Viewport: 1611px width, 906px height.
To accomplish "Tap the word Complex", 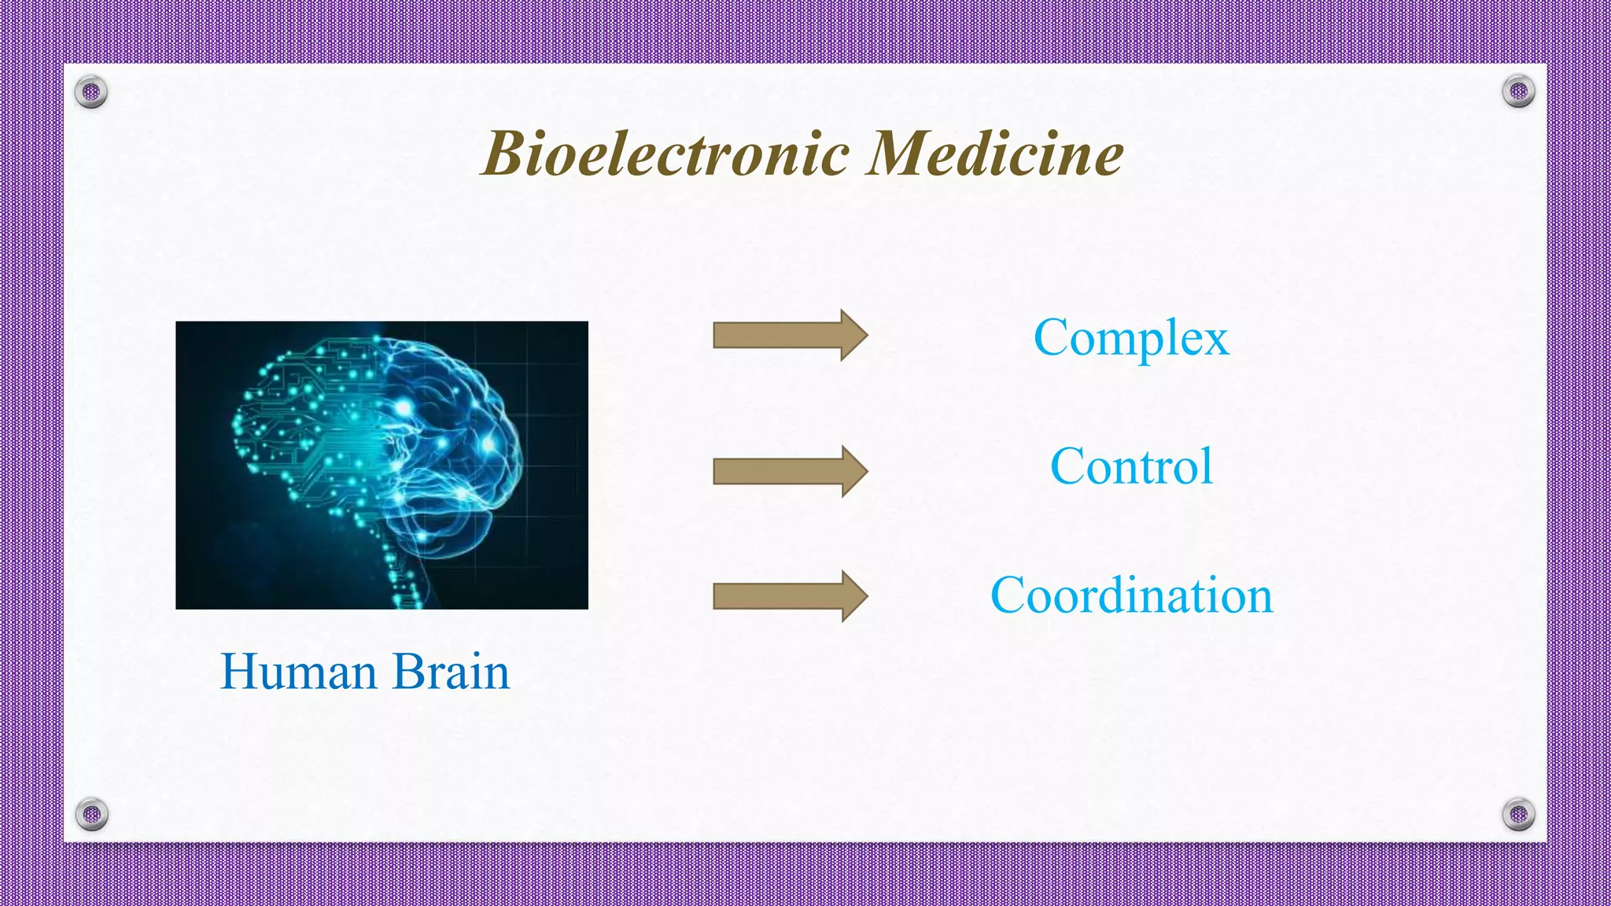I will (x=1130, y=338).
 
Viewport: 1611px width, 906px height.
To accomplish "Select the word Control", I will (x=1131, y=466).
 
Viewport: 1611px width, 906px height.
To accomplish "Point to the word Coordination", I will (x=1131, y=595).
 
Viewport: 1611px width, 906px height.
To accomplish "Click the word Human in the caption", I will (x=298, y=672).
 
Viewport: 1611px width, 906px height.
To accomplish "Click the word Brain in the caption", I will (x=451, y=672).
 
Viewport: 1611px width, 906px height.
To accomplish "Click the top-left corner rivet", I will (x=91, y=92).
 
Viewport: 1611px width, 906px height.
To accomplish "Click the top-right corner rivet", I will (x=1518, y=91).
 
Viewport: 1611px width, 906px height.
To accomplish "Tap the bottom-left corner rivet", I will (x=91, y=814).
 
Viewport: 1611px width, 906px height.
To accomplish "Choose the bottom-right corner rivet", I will (x=1518, y=814).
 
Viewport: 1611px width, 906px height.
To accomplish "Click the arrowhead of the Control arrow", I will (x=853, y=471).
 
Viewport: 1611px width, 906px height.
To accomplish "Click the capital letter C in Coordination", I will (x=1008, y=595).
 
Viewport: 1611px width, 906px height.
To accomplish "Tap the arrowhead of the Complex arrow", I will (x=853, y=335).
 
